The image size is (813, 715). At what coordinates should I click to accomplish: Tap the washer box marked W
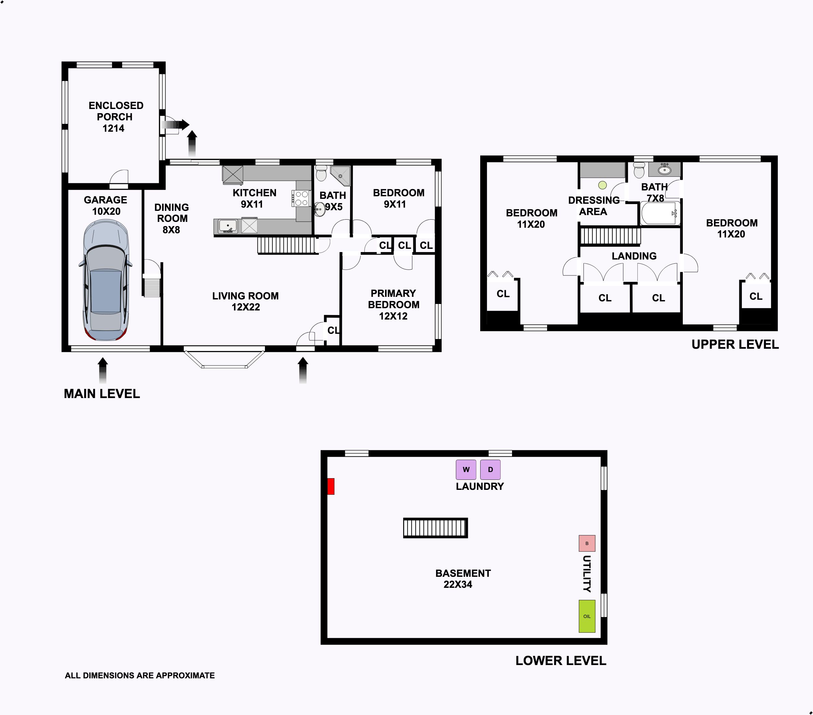point(466,469)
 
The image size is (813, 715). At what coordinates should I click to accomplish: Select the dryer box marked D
point(490,469)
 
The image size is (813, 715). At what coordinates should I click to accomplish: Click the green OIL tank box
point(587,616)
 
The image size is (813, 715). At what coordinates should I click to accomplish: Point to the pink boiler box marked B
point(587,543)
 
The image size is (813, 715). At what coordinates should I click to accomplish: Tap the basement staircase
point(435,528)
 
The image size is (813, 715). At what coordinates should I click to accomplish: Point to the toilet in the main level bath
point(321,173)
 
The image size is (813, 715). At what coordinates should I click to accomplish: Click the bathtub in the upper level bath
point(660,213)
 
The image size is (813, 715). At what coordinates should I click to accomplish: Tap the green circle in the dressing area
point(603,185)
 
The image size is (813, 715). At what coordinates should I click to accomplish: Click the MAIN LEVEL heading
point(102,394)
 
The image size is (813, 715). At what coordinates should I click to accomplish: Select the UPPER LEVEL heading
point(735,344)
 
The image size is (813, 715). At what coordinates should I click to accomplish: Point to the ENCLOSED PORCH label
point(115,111)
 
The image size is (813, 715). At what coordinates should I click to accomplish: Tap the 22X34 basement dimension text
point(458,584)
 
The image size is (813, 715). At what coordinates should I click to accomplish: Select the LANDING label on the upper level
point(634,256)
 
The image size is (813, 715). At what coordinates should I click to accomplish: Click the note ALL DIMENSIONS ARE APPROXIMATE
point(140,675)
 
